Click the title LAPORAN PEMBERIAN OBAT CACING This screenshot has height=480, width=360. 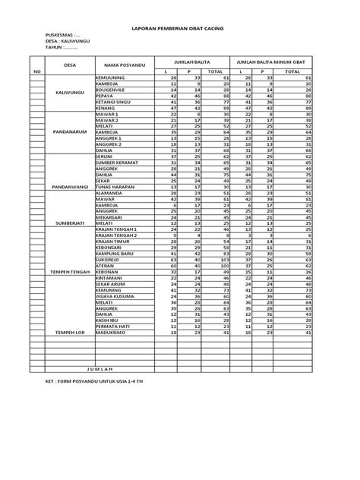coord(181,25)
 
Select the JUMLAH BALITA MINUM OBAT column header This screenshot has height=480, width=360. coord(271,60)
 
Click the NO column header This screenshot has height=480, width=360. coord(36,71)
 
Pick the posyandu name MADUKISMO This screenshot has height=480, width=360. coord(112,333)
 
